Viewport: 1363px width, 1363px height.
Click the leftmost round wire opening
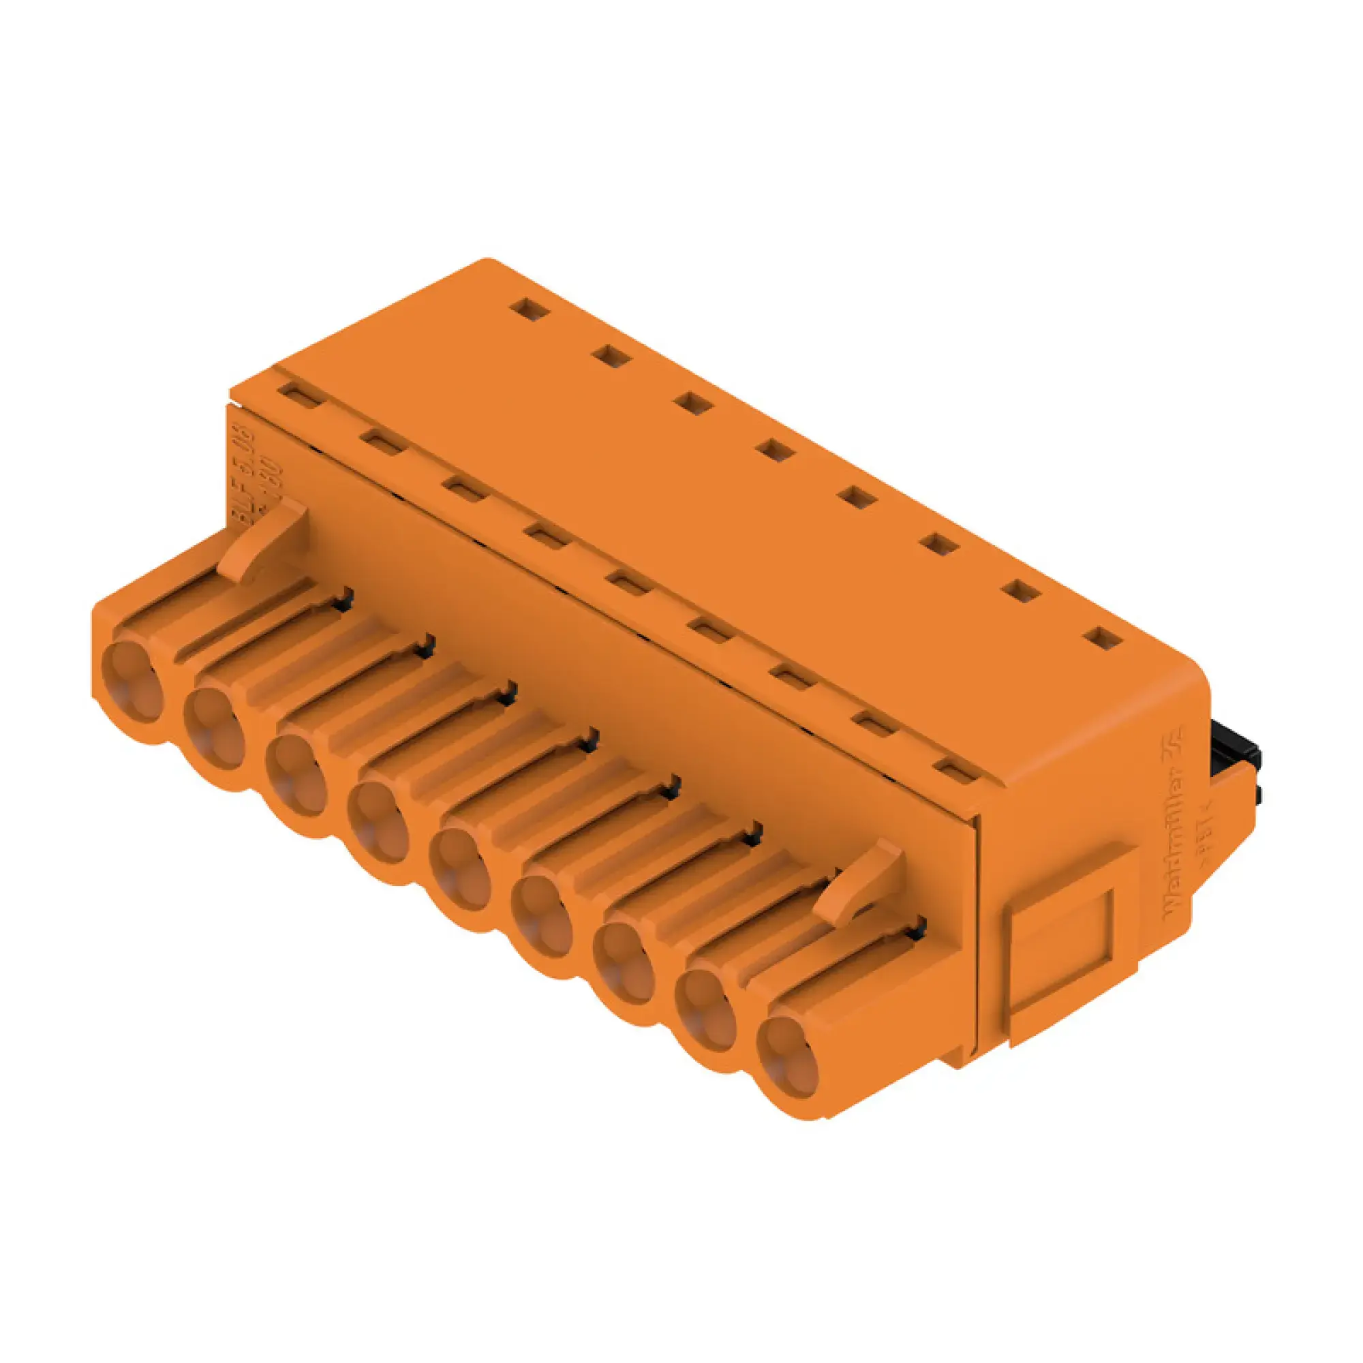pyautogui.click(x=132, y=683)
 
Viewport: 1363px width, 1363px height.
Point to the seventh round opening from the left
pyautogui.click(x=624, y=962)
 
